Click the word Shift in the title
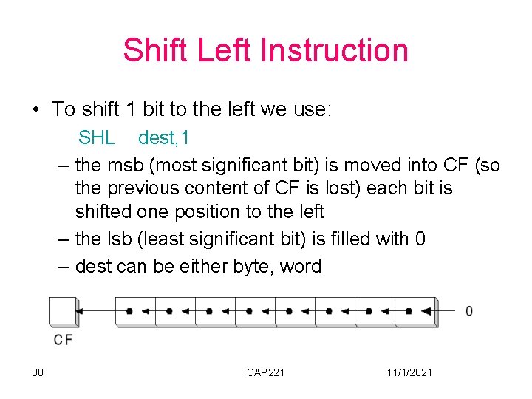(x=150, y=50)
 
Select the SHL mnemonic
(x=97, y=137)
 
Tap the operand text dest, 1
(x=164, y=137)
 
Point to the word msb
(x=124, y=165)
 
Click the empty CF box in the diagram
(x=63, y=311)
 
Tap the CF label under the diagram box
(x=63, y=340)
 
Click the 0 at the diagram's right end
(x=469, y=311)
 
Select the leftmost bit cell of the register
(x=134, y=311)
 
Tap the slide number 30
(x=38, y=372)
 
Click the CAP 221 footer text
(x=265, y=372)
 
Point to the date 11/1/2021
(x=409, y=372)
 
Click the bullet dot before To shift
(x=35, y=110)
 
